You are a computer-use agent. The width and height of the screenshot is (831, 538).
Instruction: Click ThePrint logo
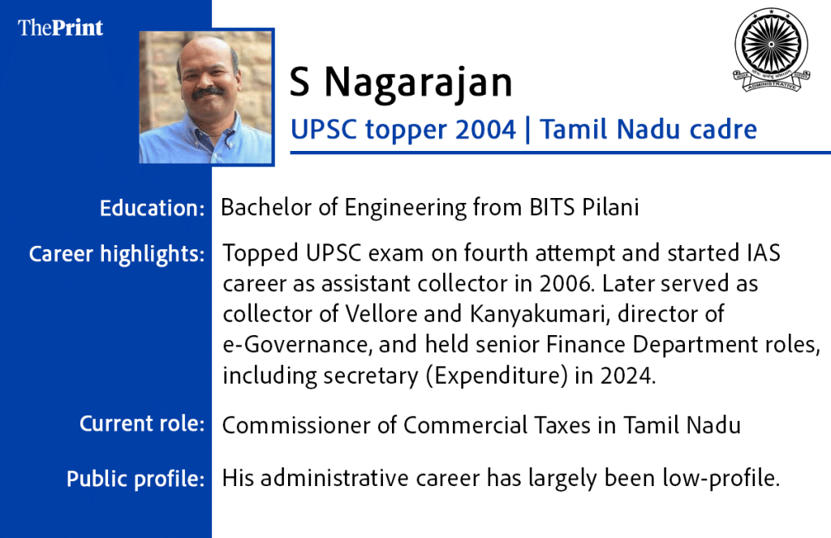click(x=61, y=28)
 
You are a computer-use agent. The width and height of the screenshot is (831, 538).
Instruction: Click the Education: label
click(x=152, y=208)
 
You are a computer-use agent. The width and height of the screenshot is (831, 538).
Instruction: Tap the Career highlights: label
click(x=117, y=254)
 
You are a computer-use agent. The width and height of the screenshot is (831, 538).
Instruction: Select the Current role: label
click(x=142, y=424)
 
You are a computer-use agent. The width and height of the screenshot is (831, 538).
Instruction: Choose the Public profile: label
click(x=136, y=479)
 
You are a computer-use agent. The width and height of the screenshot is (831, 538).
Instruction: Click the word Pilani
click(x=610, y=208)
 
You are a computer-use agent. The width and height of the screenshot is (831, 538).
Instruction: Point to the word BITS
click(x=550, y=208)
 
